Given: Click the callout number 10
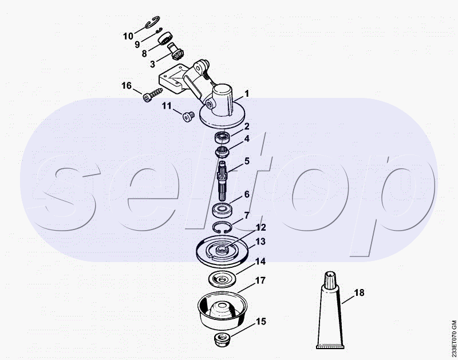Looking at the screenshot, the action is [x=128, y=36].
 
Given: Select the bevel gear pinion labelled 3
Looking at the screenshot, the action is [x=176, y=52].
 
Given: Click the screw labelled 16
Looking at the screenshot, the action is [x=152, y=94].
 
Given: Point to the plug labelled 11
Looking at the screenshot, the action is [x=188, y=117].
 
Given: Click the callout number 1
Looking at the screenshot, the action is [x=247, y=94].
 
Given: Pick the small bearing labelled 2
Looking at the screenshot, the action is [x=223, y=137].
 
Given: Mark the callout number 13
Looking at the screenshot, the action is [x=260, y=242].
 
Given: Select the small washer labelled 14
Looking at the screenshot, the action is [x=223, y=279].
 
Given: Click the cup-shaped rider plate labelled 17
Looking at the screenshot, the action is [x=222, y=310].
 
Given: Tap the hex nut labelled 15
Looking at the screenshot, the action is [x=222, y=340].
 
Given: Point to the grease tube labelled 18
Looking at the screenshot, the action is [x=330, y=310].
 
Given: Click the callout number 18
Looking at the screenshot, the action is [x=360, y=292].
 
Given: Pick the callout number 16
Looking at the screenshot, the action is [x=127, y=85].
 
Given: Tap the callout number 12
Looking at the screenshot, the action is [x=260, y=227].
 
